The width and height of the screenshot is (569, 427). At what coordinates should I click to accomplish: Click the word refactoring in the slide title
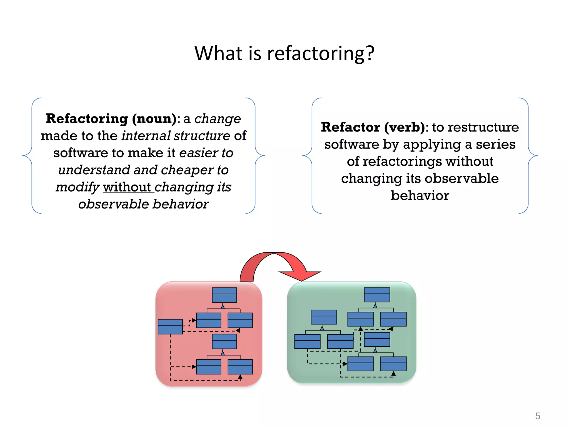[x=315, y=53]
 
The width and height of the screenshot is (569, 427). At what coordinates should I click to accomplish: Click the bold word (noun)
[x=154, y=119]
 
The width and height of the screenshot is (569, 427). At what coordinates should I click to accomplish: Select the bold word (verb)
[x=405, y=127]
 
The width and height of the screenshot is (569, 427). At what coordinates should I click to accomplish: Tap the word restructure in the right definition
[x=483, y=127]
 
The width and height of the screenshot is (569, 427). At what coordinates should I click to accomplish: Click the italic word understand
[x=94, y=170]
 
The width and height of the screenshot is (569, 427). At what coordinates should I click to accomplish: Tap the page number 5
[x=538, y=416]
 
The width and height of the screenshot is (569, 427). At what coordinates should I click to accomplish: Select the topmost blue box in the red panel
[x=224, y=295]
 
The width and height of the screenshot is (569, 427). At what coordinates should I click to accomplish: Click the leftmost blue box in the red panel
[x=170, y=327]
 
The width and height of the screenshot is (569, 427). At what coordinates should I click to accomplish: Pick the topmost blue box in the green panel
[x=377, y=295]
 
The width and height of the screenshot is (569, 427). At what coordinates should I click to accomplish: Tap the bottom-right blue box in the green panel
[x=393, y=364]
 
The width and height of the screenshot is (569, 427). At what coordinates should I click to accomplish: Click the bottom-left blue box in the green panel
[x=307, y=341]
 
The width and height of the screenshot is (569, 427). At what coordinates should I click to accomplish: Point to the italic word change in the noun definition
[x=218, y=119]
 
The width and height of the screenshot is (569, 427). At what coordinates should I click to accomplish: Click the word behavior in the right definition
[x=420, y=196]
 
